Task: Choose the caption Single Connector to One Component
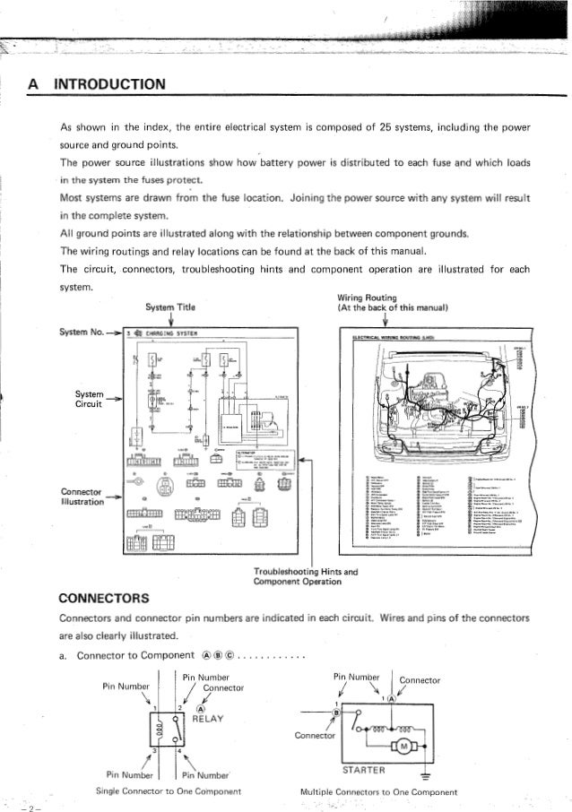tap(177, 791)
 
